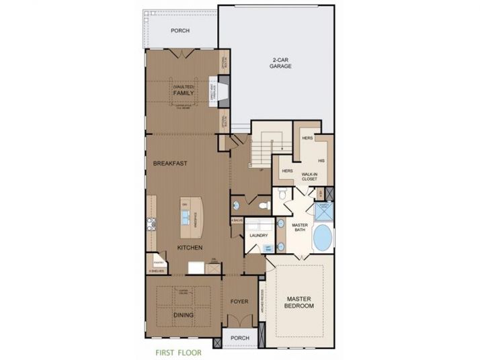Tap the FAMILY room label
183,93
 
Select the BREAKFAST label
169,163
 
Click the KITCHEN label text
190,248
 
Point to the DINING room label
183,314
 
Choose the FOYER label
240,302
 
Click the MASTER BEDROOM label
300,302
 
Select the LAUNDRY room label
259,236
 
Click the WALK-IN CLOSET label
309,176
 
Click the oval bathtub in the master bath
323,238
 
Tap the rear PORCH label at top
179,31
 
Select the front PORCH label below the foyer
240,338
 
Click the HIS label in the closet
321,161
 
